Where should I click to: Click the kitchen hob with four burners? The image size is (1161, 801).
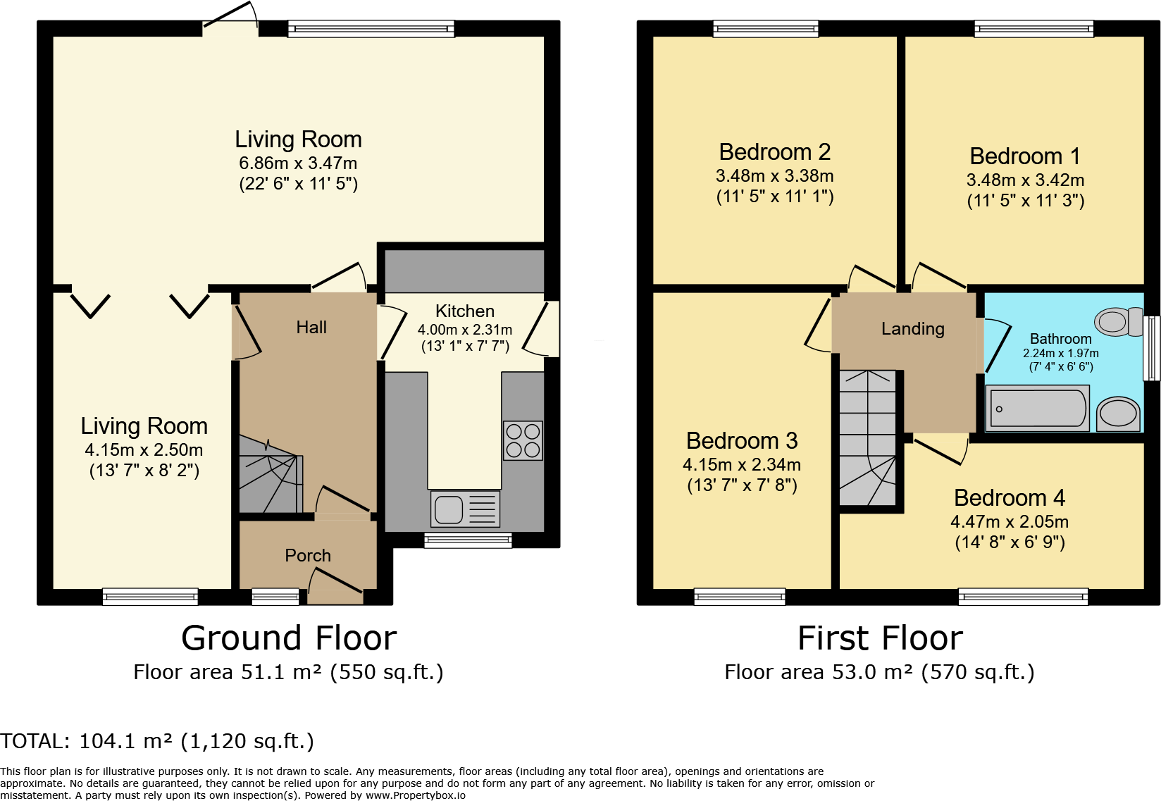pos(523,441)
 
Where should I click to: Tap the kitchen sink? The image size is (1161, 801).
pos(465,509)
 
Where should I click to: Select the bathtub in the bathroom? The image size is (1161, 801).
pos(1037,408)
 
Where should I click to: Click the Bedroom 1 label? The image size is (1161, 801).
pos(1025,156)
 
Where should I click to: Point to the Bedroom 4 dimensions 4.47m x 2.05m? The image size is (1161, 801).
pos(1009,521)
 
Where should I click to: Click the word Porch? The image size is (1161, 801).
pos(308,555)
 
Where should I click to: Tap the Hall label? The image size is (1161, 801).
pos(311,327)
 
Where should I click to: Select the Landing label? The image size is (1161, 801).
pos(913,329)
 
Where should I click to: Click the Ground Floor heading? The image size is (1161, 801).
pos(289,638)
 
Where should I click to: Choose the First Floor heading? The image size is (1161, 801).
pos(880,638)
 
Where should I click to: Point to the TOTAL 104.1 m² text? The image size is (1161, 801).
pos(157,741)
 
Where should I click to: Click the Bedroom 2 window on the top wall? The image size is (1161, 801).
pos(766,28)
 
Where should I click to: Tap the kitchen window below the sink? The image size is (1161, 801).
pos(468,541)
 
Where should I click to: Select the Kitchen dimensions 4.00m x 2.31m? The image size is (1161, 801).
pos(465,330)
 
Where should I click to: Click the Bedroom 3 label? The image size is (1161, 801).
pos(742,441)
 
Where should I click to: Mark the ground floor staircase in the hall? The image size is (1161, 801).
pos(271,474)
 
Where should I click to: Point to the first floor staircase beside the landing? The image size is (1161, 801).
pos(868,437)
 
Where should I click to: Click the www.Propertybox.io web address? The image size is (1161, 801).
pos(415,795)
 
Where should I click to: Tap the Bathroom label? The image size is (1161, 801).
pos(1060,339)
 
